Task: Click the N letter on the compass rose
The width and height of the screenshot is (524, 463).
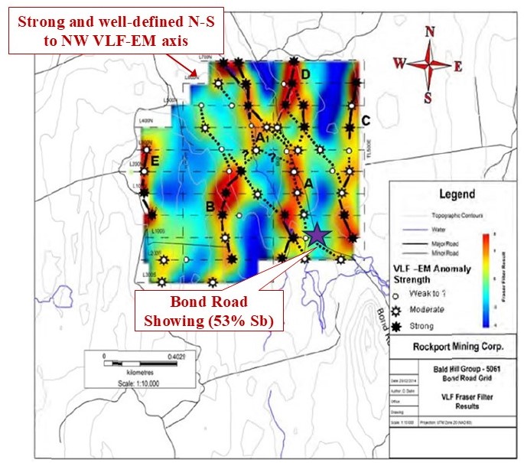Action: click(430, 31)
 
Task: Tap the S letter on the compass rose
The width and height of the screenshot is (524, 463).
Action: click(428, 97)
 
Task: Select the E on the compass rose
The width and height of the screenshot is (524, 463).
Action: click(458, 67)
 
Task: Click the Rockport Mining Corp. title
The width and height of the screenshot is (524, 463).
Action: click(452, 345)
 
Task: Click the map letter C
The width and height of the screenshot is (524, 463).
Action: click(366, 120)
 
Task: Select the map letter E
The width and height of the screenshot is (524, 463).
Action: click(155, 161)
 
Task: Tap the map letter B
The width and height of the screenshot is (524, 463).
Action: click(210, 205)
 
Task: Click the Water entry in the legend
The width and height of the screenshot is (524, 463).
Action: click(433, 228)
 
